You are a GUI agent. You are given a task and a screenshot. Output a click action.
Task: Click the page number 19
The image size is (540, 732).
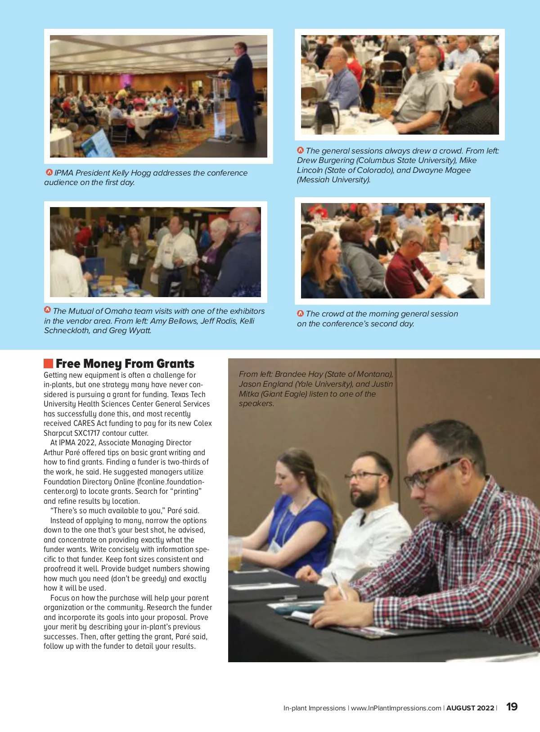(512, 706)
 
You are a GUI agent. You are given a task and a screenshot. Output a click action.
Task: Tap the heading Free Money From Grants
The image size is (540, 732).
(125, 363)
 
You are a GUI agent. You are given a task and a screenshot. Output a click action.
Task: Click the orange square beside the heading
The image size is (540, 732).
(48, 363)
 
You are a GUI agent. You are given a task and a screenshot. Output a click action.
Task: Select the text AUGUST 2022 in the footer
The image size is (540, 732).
(470, 708)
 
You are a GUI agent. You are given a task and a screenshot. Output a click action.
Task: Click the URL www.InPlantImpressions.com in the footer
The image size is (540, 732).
(396, 708)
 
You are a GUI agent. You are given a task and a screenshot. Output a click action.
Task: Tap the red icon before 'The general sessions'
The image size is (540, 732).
(300, 150)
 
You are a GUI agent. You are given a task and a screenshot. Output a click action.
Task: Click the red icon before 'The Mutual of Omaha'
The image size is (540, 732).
(47, 310)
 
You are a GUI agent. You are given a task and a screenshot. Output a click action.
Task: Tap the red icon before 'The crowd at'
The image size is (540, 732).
(300, 313)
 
